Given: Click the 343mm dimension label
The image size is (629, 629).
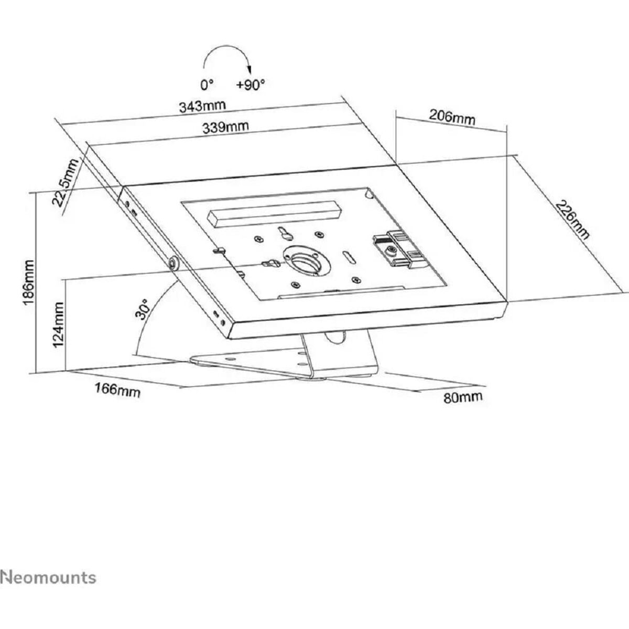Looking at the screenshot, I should (202, 106).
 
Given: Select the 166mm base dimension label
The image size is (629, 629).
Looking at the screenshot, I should (117, 389).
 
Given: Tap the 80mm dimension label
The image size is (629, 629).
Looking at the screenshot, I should (463, 397).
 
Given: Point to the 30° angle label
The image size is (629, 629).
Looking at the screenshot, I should (143, 309).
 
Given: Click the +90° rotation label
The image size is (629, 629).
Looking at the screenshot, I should (251, 85).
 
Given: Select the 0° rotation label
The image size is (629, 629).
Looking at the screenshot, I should (207, 84).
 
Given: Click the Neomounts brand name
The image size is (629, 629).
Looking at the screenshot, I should (48, 563).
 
